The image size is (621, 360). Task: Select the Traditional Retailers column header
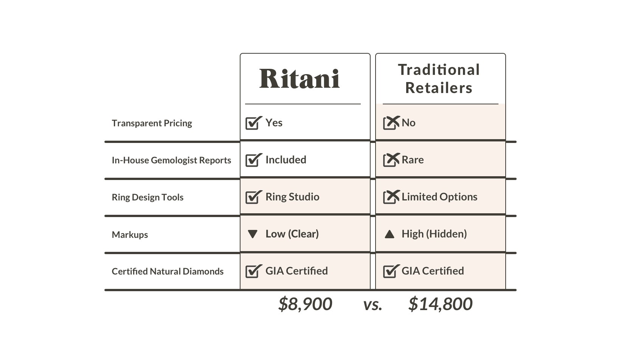coord(439,79)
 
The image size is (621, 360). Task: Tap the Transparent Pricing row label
coord(152,123)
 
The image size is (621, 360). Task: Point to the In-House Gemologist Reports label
coord(171,160)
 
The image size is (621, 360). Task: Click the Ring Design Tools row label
coord(147,197)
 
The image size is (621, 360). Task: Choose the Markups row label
coord(130,235)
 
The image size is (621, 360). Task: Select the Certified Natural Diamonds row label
coord(168,272)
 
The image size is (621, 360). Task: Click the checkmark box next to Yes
coord(253,123)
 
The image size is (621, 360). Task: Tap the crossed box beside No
coord(391,123)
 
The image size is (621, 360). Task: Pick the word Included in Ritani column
coord(286,160)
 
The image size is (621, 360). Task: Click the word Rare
coord(412,160)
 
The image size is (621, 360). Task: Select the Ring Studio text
coord(292,197)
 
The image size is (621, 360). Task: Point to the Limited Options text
coord(439,197)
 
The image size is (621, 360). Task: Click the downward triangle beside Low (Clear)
coord(253,234)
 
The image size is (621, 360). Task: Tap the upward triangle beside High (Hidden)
coord(389,234)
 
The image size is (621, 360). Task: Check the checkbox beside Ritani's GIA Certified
coord(253,271)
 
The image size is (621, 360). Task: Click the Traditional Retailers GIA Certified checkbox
coord(391,271)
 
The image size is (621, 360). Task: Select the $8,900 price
coord(305,304)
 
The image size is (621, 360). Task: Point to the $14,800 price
coord(440,304)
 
